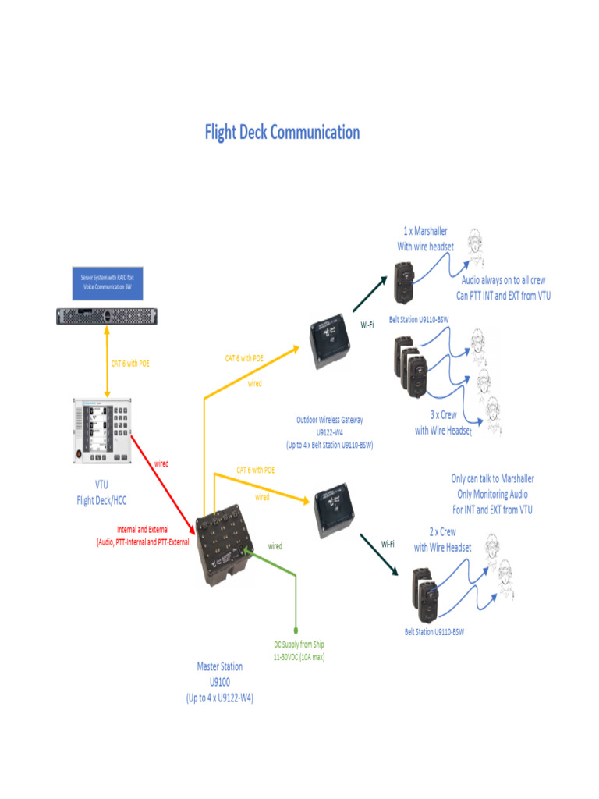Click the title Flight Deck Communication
coord(282,132)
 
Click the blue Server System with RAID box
coord(108,282)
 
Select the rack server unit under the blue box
coord(108,315)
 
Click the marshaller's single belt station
coord(404,281)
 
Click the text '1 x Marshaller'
coord(425,231)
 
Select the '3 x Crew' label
coord(443,415)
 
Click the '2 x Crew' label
coord(443,531)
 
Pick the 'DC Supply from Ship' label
coord(299,645)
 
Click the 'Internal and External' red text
coord(142,530)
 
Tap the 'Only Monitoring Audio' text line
coord(492,494)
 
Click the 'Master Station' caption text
coord(219,667)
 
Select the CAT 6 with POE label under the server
coord(129,363)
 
